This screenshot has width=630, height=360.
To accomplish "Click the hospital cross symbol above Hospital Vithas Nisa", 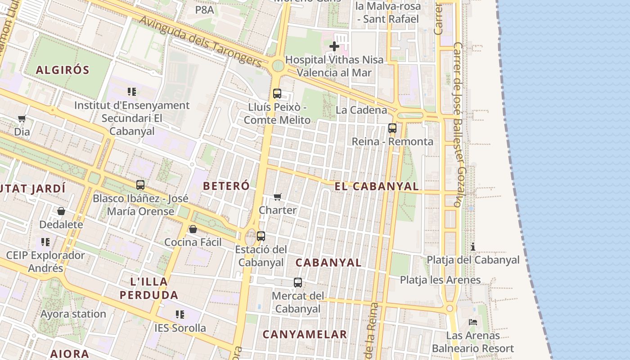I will tap(334, 46).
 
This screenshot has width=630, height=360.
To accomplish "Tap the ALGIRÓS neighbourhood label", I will tap(63, 70).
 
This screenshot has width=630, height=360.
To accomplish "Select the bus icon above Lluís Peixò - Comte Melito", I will tap(277, 94).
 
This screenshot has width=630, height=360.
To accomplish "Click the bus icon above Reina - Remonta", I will tap(392, 128).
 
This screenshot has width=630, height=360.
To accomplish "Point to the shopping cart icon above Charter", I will tap(278, 197).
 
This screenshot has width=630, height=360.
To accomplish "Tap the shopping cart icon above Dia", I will tap(22, 119).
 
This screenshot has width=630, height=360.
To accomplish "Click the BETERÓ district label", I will tap(226, 186).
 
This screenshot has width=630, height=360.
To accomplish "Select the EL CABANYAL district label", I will tap(377, 186).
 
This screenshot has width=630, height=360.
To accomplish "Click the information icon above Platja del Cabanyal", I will tap(473, 247).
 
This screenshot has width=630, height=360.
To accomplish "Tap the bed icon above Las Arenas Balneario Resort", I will tap(473, 322).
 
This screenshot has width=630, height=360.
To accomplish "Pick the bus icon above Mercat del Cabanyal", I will tap(298, 283).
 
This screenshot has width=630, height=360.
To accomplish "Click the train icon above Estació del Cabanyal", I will tap(261, 236).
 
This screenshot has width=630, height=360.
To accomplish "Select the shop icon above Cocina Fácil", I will tap(193, 229).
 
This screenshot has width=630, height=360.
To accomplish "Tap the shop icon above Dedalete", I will tap(61, 211).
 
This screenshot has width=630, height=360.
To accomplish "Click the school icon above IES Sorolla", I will tap(180, 314).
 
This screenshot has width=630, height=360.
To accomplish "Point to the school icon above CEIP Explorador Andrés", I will tap(45, 242).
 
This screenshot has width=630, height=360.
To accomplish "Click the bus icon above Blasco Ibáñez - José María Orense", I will tap(140, 184).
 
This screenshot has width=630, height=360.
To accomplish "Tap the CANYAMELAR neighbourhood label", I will tap(305, 334).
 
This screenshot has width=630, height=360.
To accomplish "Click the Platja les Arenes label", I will tap(440, 280).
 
